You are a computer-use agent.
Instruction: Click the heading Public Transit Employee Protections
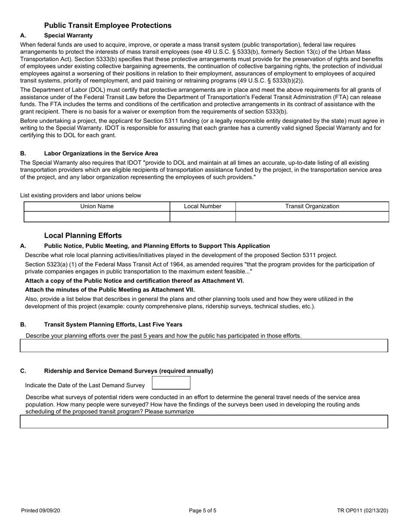(108, 25)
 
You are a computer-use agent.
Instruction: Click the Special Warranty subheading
(68, 35)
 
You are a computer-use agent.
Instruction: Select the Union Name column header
(97, 206)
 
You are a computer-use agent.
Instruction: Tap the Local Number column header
(203, 206)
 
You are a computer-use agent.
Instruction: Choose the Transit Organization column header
(312, 206)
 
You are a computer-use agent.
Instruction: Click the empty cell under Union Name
(97, 217)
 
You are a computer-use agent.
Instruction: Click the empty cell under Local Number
(203, 217)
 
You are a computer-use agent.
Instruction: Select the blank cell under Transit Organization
(312, 217)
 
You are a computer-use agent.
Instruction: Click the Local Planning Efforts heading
(83, 236)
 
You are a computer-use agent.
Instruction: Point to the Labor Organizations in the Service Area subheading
(101, 153)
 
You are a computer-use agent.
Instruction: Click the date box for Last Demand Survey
(171, 383)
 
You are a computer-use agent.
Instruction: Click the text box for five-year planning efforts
(204, 346)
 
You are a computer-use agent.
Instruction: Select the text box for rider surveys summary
(204, 422)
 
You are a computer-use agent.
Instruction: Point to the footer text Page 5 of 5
(203, 511)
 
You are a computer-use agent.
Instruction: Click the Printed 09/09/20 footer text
(41, 511)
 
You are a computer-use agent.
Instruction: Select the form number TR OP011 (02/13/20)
(362, 511)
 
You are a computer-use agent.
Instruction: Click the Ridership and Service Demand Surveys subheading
(128, 371)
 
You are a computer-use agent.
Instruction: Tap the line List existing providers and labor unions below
(81, 195)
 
